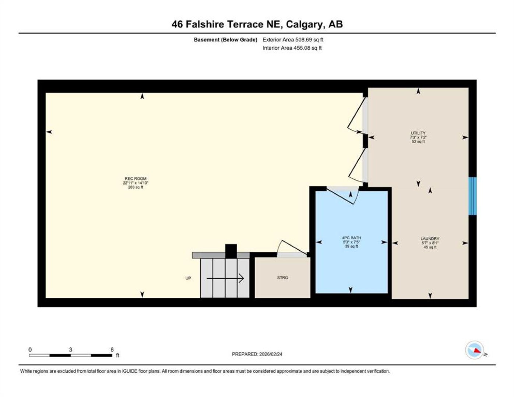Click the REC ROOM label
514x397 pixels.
[135, 179]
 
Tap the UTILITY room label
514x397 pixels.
[418, 133]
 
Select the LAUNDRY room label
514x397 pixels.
[430, 239]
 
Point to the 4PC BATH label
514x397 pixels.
[351, 238]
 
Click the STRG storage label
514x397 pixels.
[282, 278]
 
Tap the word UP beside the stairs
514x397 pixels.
[188, 278]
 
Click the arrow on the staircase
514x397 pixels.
[225, 278]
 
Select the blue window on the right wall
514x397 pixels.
[472, 196]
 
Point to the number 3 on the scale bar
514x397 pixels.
[70, 350]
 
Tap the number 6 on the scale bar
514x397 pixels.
[112, 350]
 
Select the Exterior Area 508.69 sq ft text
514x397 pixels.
[293, 40]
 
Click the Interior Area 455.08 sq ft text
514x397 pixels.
[292, 48]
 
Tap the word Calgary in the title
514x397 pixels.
[304, 25]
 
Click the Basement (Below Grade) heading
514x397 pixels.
[225, 40]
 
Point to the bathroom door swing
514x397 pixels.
[343, 196]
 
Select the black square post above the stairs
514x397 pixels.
[231, 251]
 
